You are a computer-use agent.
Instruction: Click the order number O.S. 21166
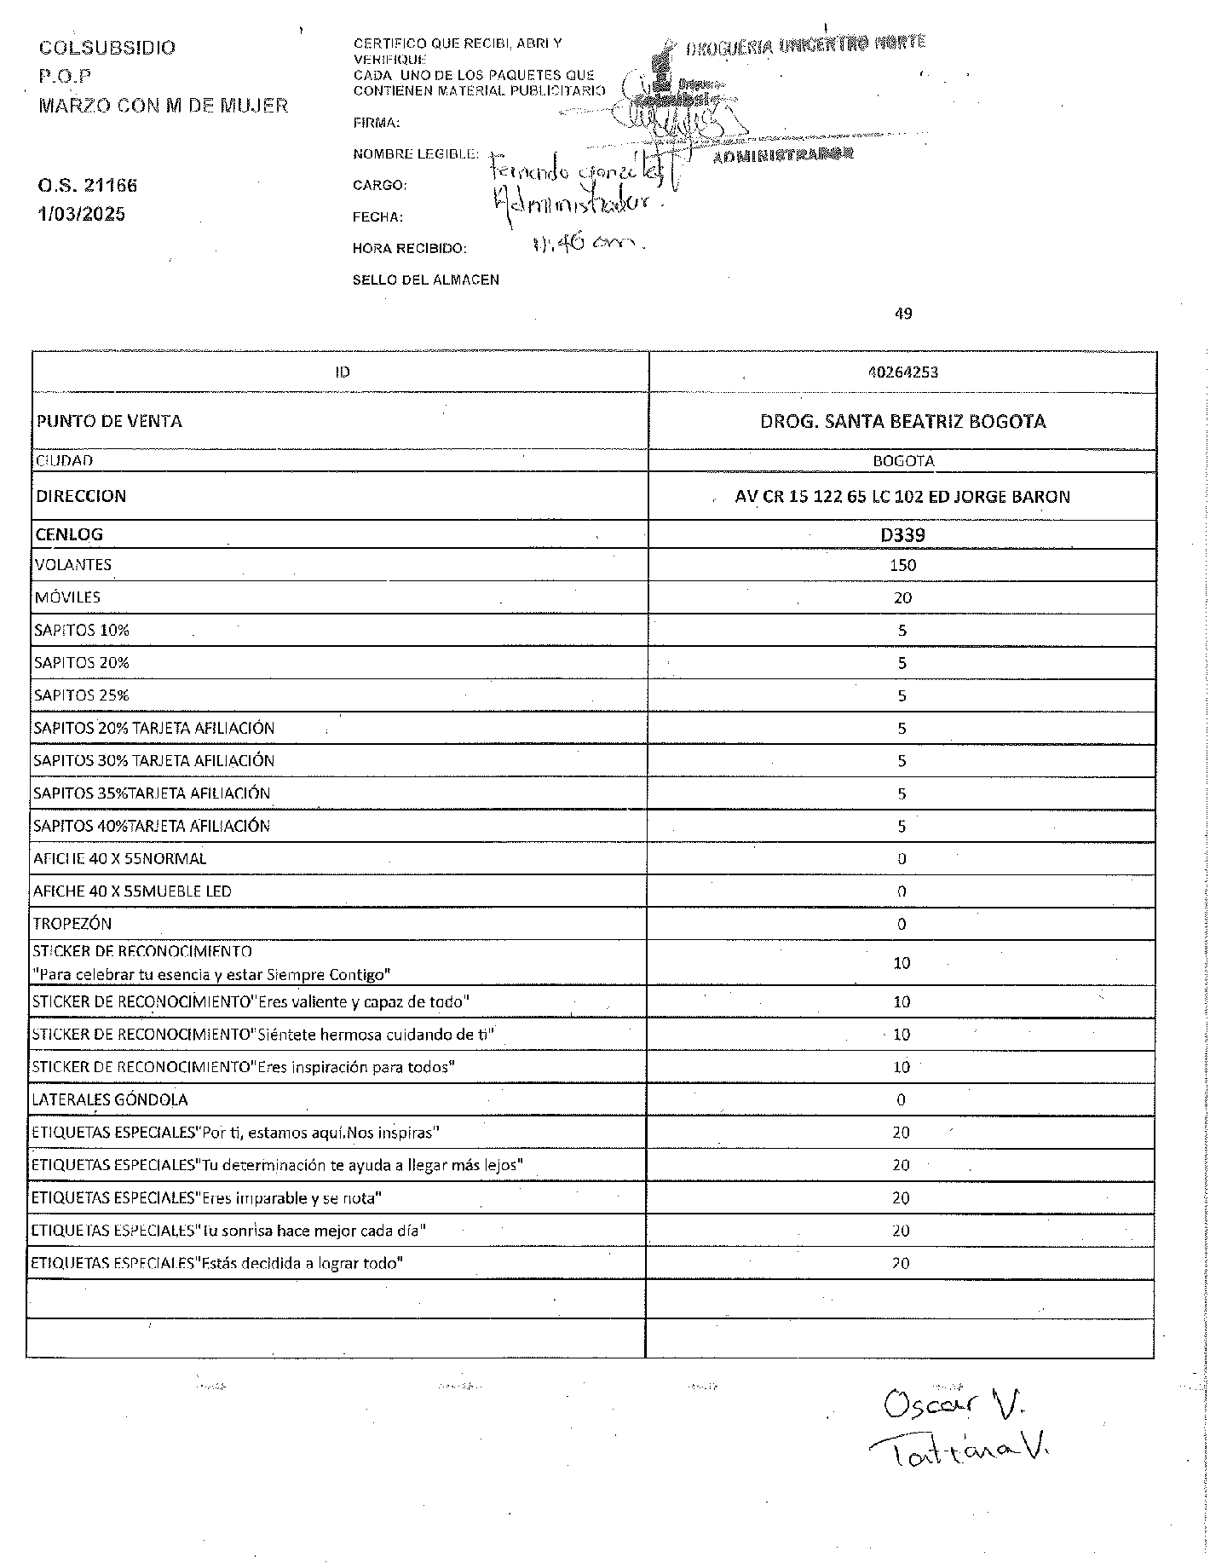pos(88,186)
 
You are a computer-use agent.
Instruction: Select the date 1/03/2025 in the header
pos(82,214)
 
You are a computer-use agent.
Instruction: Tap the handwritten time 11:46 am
pos(585,244)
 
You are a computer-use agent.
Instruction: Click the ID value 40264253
pos(902,372)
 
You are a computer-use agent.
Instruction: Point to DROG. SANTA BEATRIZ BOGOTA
pos(902,421)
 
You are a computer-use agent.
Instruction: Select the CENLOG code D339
pos(902,535)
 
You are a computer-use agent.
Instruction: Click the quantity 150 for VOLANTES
pos(902,565)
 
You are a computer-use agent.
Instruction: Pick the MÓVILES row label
pos(67,597)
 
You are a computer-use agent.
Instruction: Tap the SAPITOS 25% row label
pos(82,695)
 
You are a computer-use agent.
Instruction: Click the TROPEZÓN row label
pos(72,924)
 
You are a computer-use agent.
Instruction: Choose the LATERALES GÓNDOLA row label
pos(110,1099)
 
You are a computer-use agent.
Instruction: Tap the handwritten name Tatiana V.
pos(959,1450)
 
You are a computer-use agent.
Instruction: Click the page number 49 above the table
pos(903,314)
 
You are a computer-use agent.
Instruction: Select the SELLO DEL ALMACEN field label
pos(426,280)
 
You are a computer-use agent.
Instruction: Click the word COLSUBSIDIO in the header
pos(107,48)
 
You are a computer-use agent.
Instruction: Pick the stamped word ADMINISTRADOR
pos(782,156)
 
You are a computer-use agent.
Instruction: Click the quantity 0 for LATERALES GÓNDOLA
pos(902,1100)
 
